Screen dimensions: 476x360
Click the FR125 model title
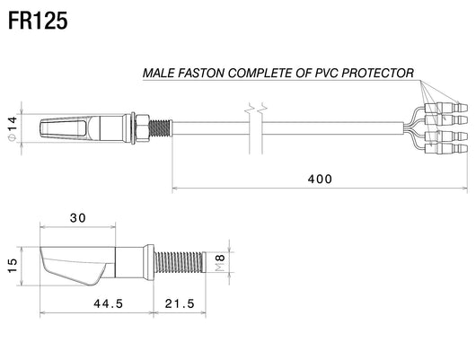coord(38,21)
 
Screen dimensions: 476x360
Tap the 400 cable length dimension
coord(320,179)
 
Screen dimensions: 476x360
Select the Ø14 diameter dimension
coord(13,128)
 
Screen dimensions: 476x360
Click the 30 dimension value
coord(78,218)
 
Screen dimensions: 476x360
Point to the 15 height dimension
coord(13,266)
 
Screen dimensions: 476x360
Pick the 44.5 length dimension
coord(109,303)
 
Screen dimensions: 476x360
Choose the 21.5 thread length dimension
coord(180,303)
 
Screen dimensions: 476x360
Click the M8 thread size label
coord(220,263)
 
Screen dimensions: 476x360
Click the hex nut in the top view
coord(142,128)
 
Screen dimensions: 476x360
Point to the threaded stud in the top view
coord(160,128)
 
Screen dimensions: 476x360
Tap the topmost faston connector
coord(446,108)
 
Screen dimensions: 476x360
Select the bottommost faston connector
coord(446,148)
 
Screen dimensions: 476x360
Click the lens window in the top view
coord(63,128)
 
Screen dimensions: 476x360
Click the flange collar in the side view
coord(149,263)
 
